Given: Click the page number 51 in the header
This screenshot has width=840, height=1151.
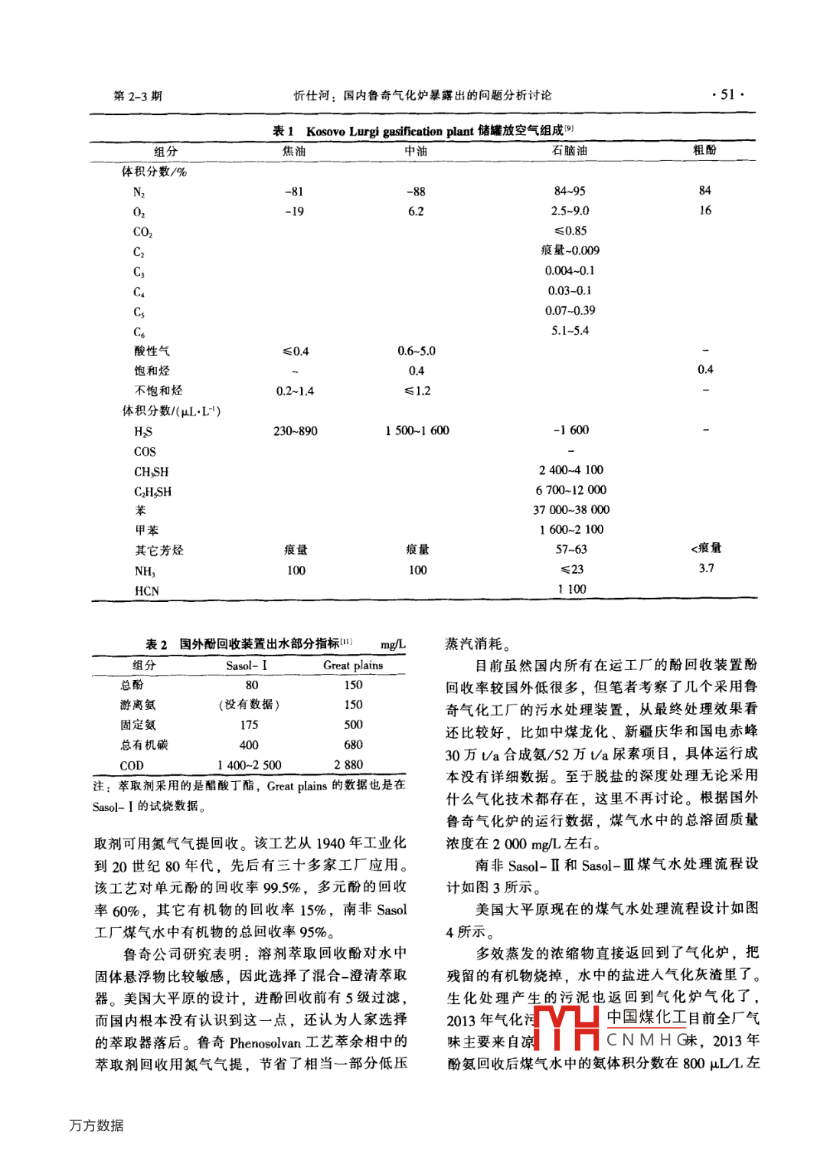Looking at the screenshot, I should pyautogui.click(x=727, y=95).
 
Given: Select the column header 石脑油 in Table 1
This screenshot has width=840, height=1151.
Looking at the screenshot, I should pyautogui.click(x=570, y=151).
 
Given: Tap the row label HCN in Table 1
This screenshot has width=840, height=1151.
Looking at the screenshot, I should pyautogui.click(x=146, y=591).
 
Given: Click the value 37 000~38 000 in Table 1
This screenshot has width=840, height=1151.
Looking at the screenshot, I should pyautogui.click(x=571, y=510).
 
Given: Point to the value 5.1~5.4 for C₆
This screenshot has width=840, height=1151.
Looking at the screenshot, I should pyautogui.click(x=570, y=331).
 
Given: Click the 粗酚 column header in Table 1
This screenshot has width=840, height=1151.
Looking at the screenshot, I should pyautogui.click(x=704, y=150).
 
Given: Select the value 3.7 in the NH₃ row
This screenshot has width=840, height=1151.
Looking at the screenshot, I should pyautogui.click(x=706, y=569).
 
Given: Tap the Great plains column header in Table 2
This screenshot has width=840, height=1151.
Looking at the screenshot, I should pyautogui.click(x=353, y=665).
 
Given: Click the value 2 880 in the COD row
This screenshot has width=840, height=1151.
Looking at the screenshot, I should pyautogui.click(x=348, y=765).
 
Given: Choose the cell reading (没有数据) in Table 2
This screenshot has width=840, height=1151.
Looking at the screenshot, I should pyautogui.click(x=249, y=705).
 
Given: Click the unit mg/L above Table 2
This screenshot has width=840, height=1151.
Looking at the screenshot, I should pyautogui.click(x=393, y=645).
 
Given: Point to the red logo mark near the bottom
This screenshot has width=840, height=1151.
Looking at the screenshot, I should pyautogui.click(x=567, y=1028).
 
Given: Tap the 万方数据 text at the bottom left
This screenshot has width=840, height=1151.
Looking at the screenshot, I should pyautogui.click(x=96, y=1125).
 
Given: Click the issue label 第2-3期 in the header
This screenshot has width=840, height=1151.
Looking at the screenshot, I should pyautogui.click(x=138, y=96).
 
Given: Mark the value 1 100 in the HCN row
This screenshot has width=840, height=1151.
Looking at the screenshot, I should pyautogui.click(x=572, y=590).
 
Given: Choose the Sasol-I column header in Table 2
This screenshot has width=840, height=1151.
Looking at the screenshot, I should pyautogui.click(x=247, y=665).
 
